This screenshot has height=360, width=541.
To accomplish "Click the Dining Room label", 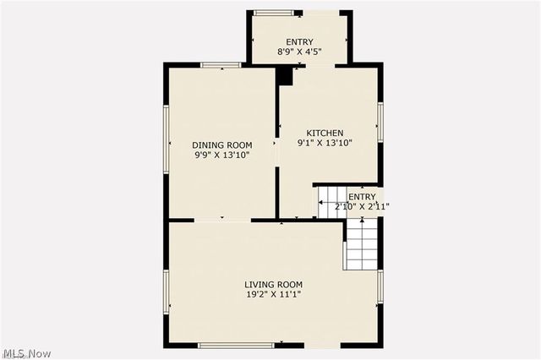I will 222,145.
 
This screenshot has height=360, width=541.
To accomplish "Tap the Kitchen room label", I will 325,133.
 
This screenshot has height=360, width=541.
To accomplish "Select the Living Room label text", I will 273,284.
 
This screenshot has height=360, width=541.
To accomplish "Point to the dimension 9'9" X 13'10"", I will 222,155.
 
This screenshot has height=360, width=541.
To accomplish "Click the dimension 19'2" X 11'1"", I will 273,295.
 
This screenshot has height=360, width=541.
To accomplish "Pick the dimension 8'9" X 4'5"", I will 299,52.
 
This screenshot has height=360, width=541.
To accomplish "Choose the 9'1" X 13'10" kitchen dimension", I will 325,144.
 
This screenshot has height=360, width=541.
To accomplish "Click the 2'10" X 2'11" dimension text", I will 362,206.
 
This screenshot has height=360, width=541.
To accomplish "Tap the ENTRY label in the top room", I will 299,42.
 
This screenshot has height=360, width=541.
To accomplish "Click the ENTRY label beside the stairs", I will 362,197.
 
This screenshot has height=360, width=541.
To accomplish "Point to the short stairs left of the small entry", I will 331,204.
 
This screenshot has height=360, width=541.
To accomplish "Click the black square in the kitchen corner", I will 285,76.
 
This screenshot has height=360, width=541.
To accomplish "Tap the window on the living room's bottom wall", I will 235,345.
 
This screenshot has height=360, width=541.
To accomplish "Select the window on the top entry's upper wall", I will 270,12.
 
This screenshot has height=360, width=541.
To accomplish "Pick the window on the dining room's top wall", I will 221,65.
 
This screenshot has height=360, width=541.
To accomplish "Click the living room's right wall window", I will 380,286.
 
